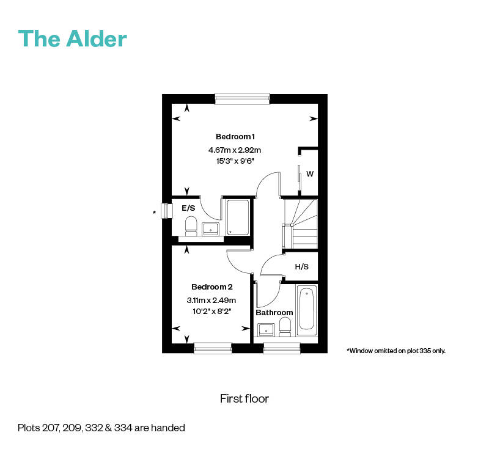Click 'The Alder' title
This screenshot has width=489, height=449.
point(73,38)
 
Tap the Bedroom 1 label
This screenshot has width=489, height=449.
point(235,136)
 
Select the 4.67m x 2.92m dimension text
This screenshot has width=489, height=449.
point(235,150)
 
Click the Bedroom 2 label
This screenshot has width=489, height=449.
point(212,287)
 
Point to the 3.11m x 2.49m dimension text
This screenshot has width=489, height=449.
point(211,300)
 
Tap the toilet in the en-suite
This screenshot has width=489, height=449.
point(190,225)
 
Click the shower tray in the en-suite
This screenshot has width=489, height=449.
point(238,217)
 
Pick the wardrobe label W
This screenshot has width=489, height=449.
point(310,174)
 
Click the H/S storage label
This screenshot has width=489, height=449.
point(301,267)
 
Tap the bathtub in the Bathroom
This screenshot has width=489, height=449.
point(306,310)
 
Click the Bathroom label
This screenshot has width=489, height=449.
point(274,313)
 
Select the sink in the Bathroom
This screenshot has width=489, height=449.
point(266,330)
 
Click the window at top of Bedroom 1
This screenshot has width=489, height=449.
point(242,98)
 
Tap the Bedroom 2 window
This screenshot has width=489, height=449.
point(213,348)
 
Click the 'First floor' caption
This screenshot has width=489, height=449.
point(244,399)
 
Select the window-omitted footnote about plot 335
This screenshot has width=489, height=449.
point(396,351)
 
